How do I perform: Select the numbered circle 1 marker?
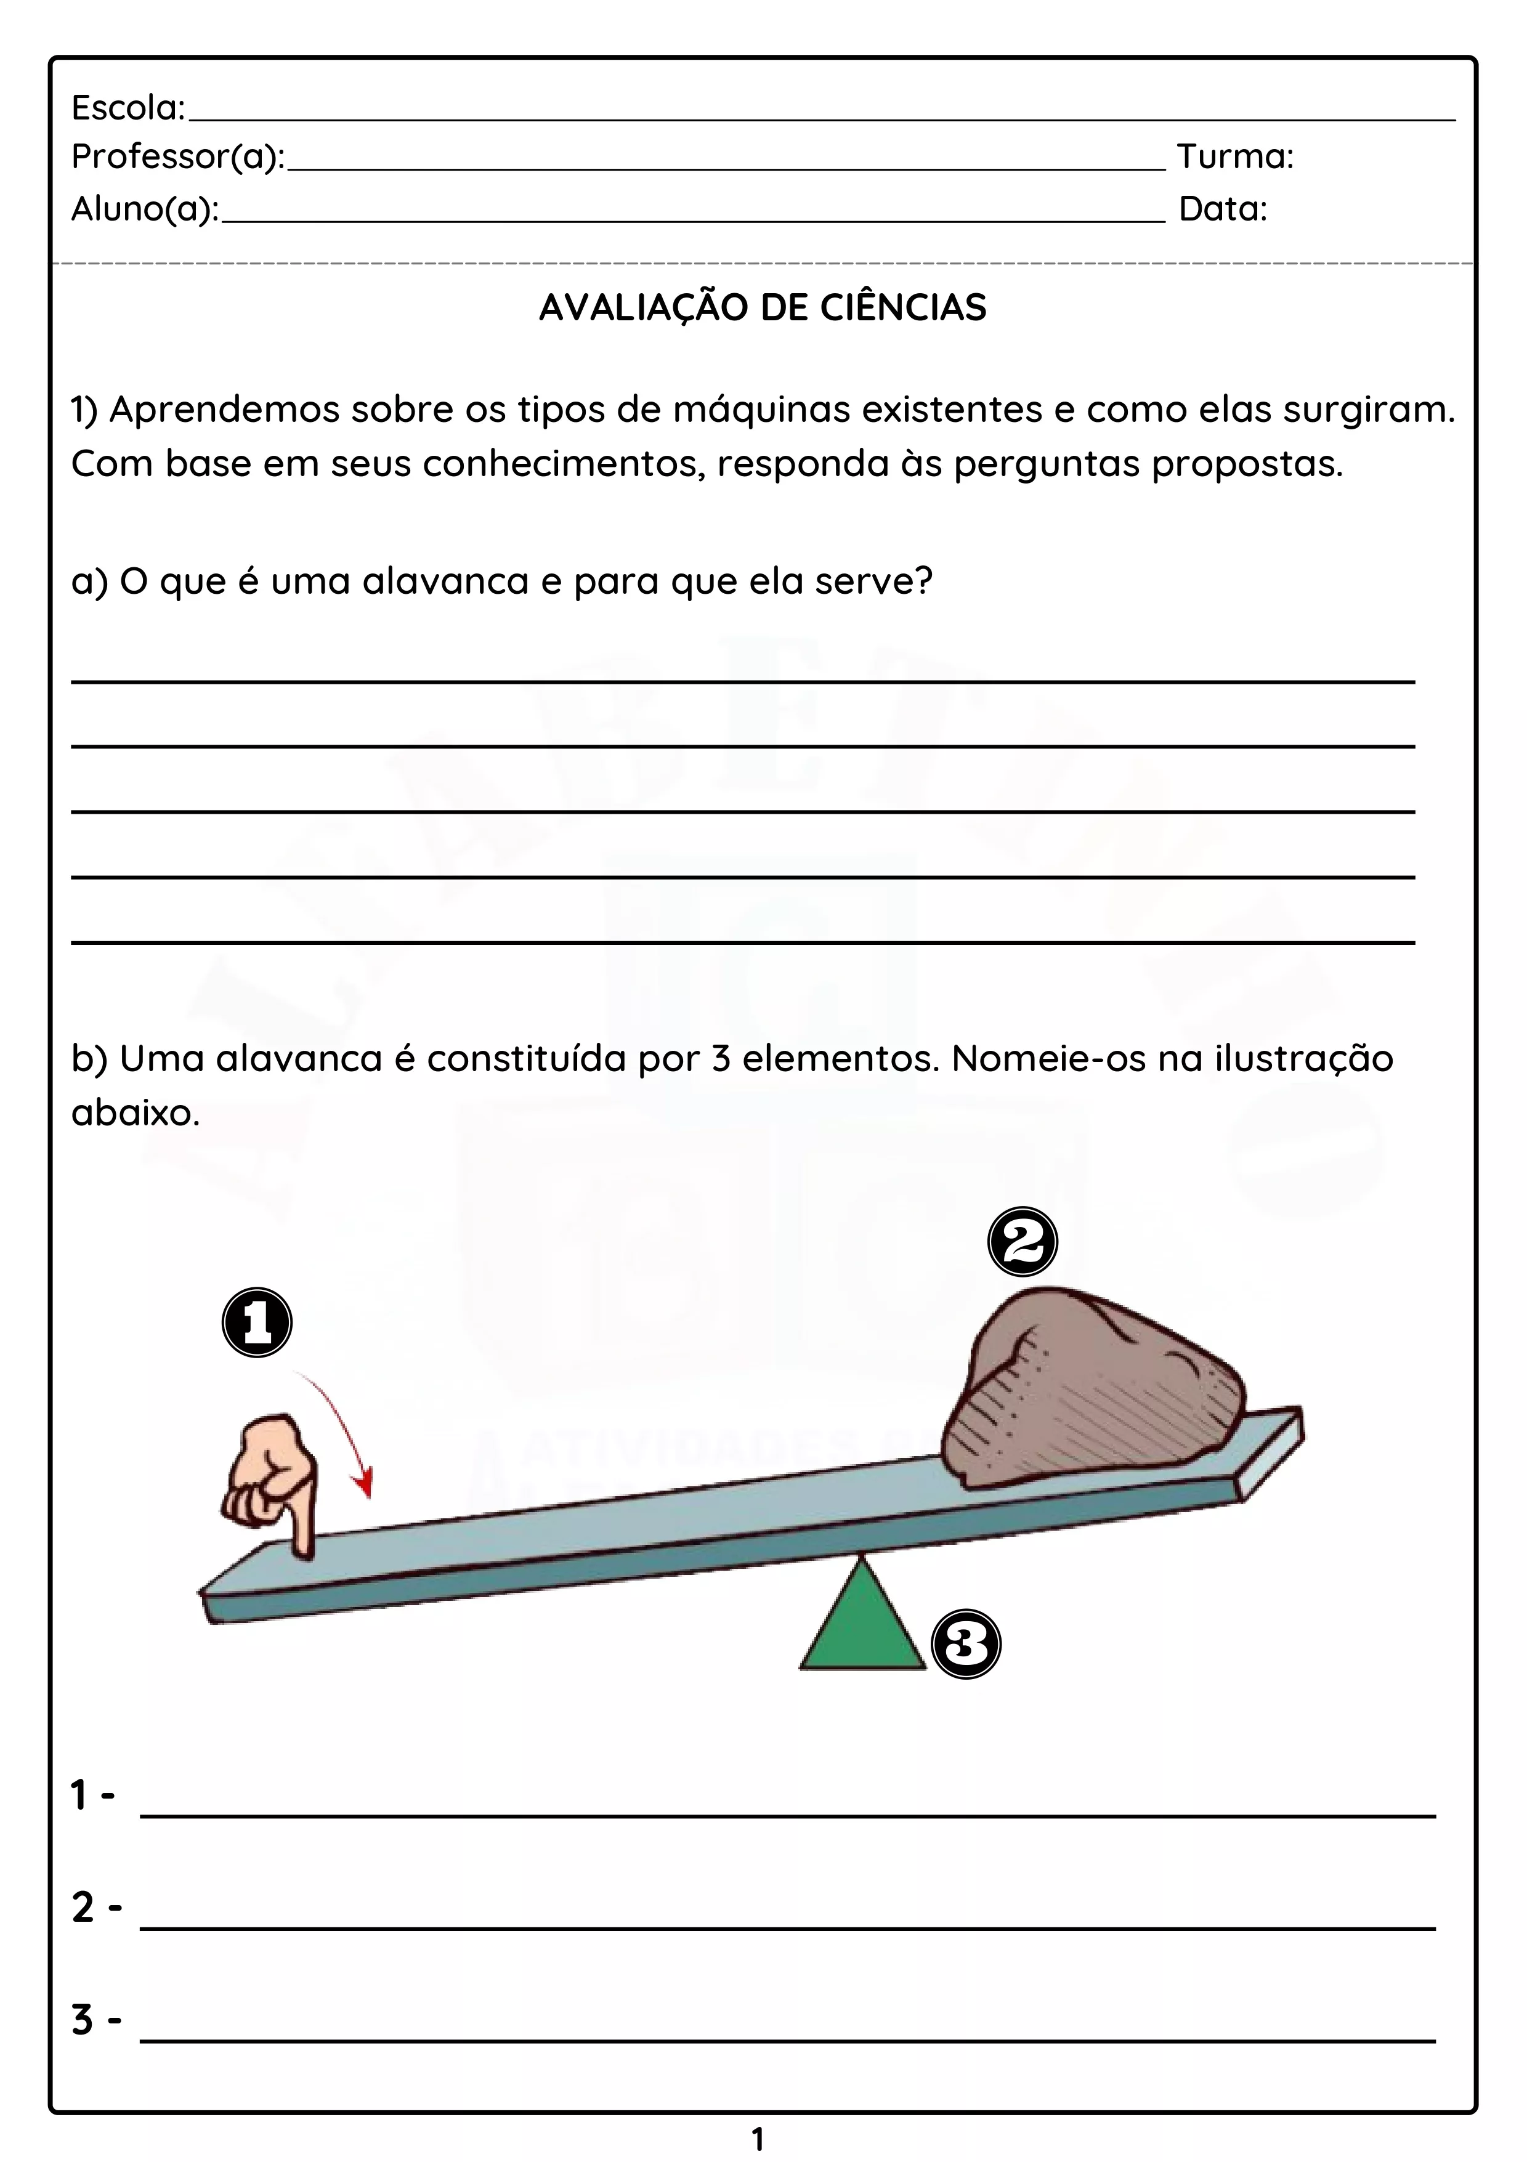257,1323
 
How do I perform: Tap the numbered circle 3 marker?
966,1644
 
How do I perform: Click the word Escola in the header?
128,108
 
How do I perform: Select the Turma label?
1235,156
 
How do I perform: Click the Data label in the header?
1223,209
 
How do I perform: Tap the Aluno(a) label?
145,209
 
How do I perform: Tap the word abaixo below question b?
136,1113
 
